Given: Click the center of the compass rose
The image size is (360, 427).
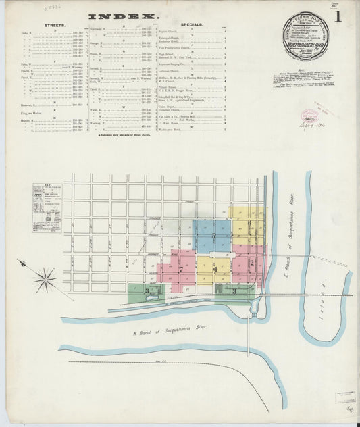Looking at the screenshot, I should [45, 278].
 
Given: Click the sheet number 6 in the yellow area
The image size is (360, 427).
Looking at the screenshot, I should [249, 222].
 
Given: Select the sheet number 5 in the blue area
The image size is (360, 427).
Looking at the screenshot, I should [214, 236].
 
